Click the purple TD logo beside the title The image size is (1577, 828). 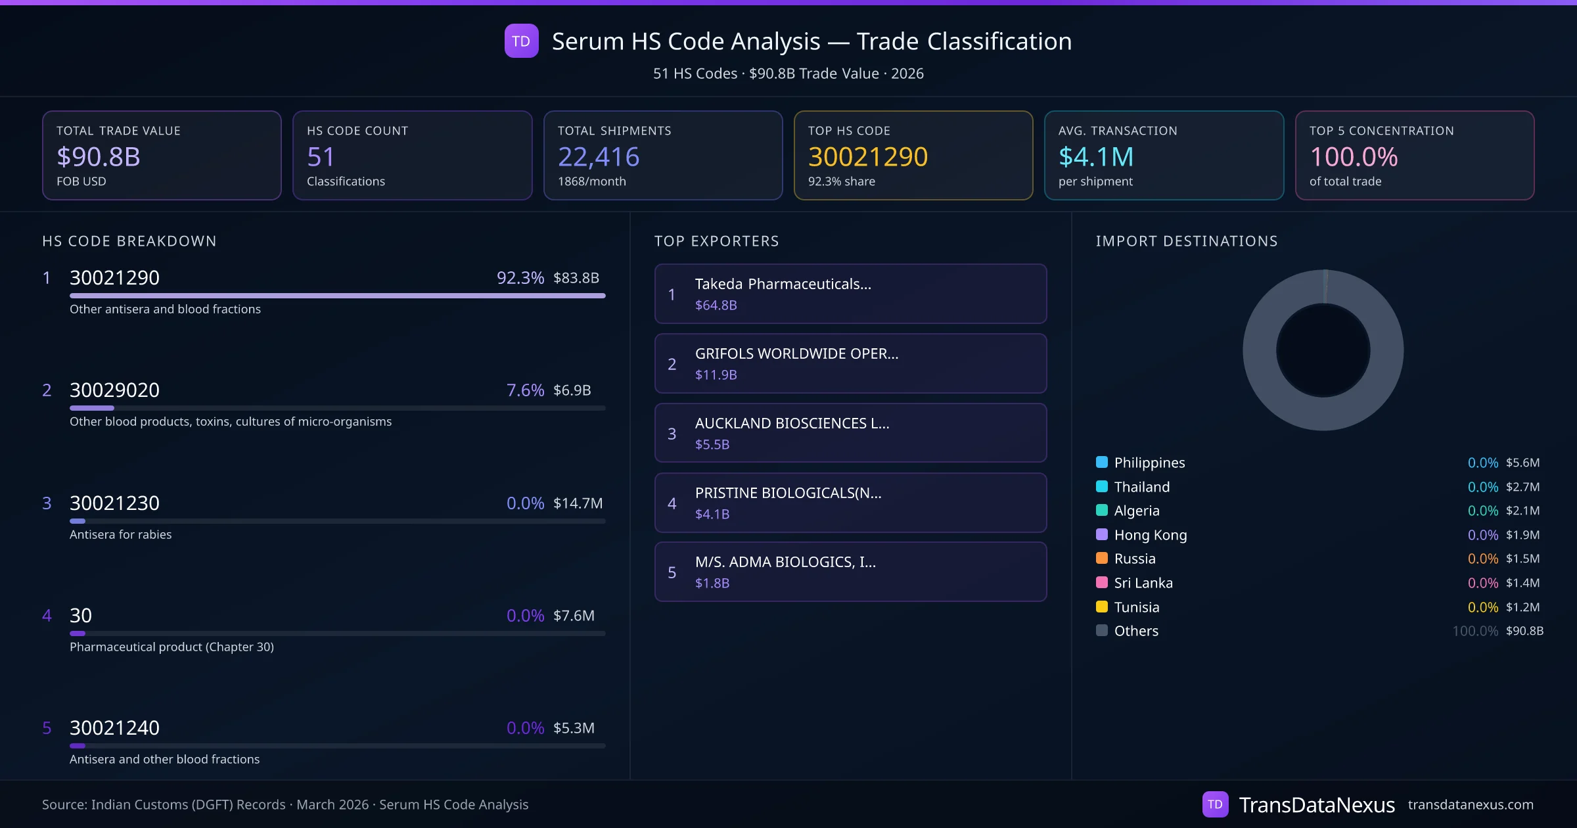(521, 41)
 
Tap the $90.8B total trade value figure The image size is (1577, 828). (99, 156)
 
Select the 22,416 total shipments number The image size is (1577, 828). (598, 156)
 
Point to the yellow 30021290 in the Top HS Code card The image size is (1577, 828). (867, 156)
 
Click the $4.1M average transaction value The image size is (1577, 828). (1095, 156)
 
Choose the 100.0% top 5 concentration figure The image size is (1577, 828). (1354, 156)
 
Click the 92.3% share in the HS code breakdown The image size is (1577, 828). (520, 277)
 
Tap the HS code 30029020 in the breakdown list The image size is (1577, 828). (114, 390)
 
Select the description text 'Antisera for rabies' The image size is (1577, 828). (120, 534)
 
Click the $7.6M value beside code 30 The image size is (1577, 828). (574, 615)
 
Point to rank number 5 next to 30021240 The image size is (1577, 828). (47, 727)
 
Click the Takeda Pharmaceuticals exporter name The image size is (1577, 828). (783, 284)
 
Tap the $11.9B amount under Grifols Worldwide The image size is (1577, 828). (716, 375)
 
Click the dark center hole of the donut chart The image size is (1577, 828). (1323, 350)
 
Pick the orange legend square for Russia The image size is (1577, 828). (1102, 559)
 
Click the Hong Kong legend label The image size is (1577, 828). (1150, 535)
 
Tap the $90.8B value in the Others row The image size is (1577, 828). (1524, 631)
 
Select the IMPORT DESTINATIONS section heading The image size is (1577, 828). (1186, 241)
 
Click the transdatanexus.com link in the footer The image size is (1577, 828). (1470, 804)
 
